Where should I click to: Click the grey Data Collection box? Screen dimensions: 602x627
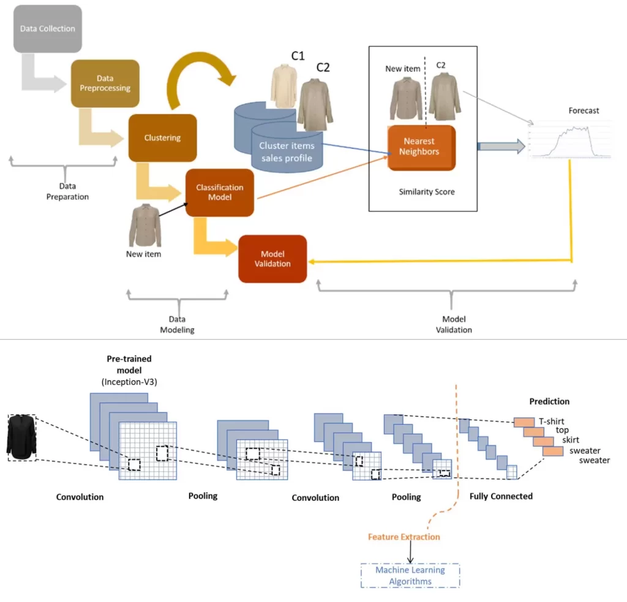coord(47,28)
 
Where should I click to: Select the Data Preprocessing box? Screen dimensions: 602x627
coord(105,83)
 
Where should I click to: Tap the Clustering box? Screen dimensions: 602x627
coord(162,138)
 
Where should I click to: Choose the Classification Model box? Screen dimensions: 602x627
coord(219,192)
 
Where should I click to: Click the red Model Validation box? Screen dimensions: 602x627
coord(272,259)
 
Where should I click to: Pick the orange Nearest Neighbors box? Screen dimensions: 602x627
coord(421,147)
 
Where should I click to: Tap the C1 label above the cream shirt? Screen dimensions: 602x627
coord(298,55)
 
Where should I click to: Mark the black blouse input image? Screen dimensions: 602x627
coord(21,437)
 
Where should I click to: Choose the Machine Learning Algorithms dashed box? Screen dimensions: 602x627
coord(410,576)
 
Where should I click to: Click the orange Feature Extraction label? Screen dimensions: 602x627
coord(404,537)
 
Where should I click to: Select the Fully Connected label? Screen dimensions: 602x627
coord(501,496)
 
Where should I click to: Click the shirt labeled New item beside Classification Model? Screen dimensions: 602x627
coord(145,226)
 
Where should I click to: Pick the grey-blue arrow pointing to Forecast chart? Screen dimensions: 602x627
coord(500,146)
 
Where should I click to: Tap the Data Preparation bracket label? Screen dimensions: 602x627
coord(67,192)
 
